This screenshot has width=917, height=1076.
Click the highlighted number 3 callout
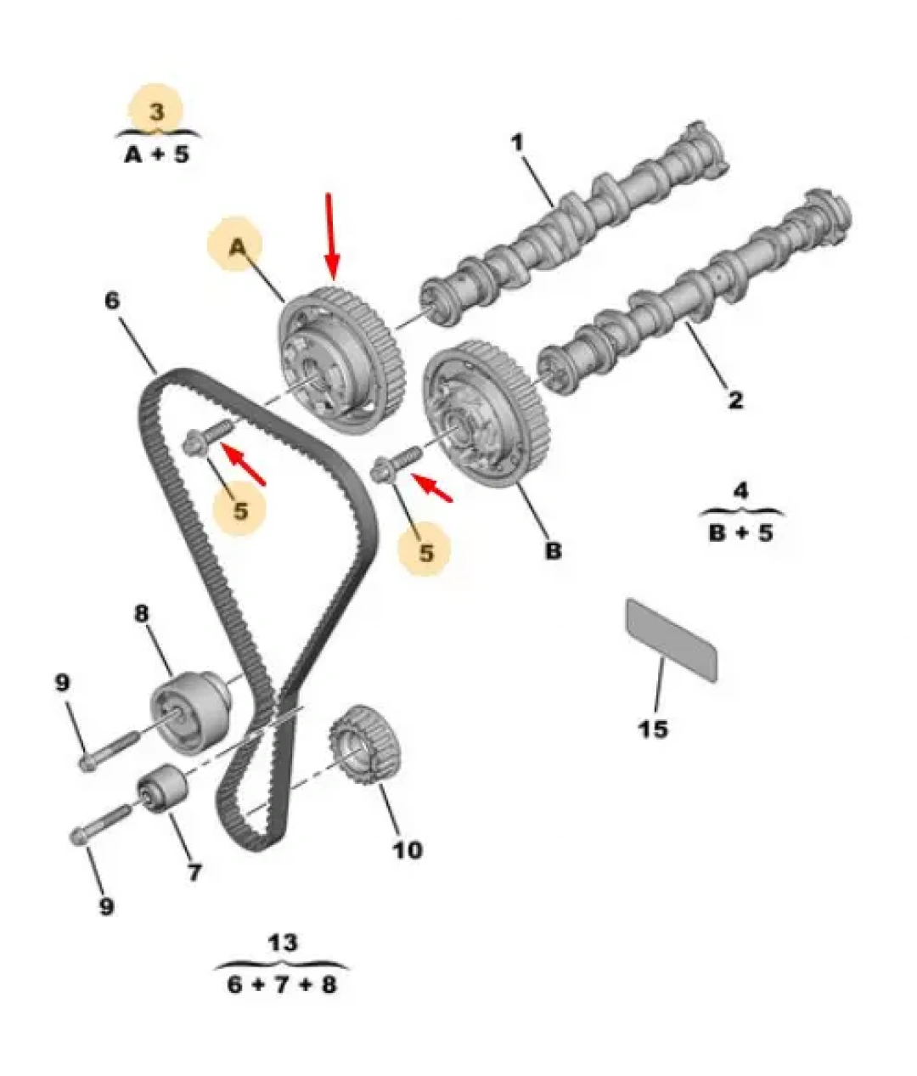(156, 112)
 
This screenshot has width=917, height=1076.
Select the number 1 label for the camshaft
(517, 143)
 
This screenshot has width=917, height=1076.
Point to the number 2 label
(734, 400)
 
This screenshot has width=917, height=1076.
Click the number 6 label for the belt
(112, 301)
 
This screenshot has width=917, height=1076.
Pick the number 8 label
(141, 614)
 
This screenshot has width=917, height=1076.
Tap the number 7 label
(194, 872)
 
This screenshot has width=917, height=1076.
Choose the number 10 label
(408, 836)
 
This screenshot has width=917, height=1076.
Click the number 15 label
(654, 729)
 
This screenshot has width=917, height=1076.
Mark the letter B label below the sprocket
(553, 550)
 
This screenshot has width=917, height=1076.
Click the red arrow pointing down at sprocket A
(331, 234)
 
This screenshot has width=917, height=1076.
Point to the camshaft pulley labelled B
(485, 414)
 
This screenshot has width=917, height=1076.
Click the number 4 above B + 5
(740, 491)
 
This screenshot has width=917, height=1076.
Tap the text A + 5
(156, 155)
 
